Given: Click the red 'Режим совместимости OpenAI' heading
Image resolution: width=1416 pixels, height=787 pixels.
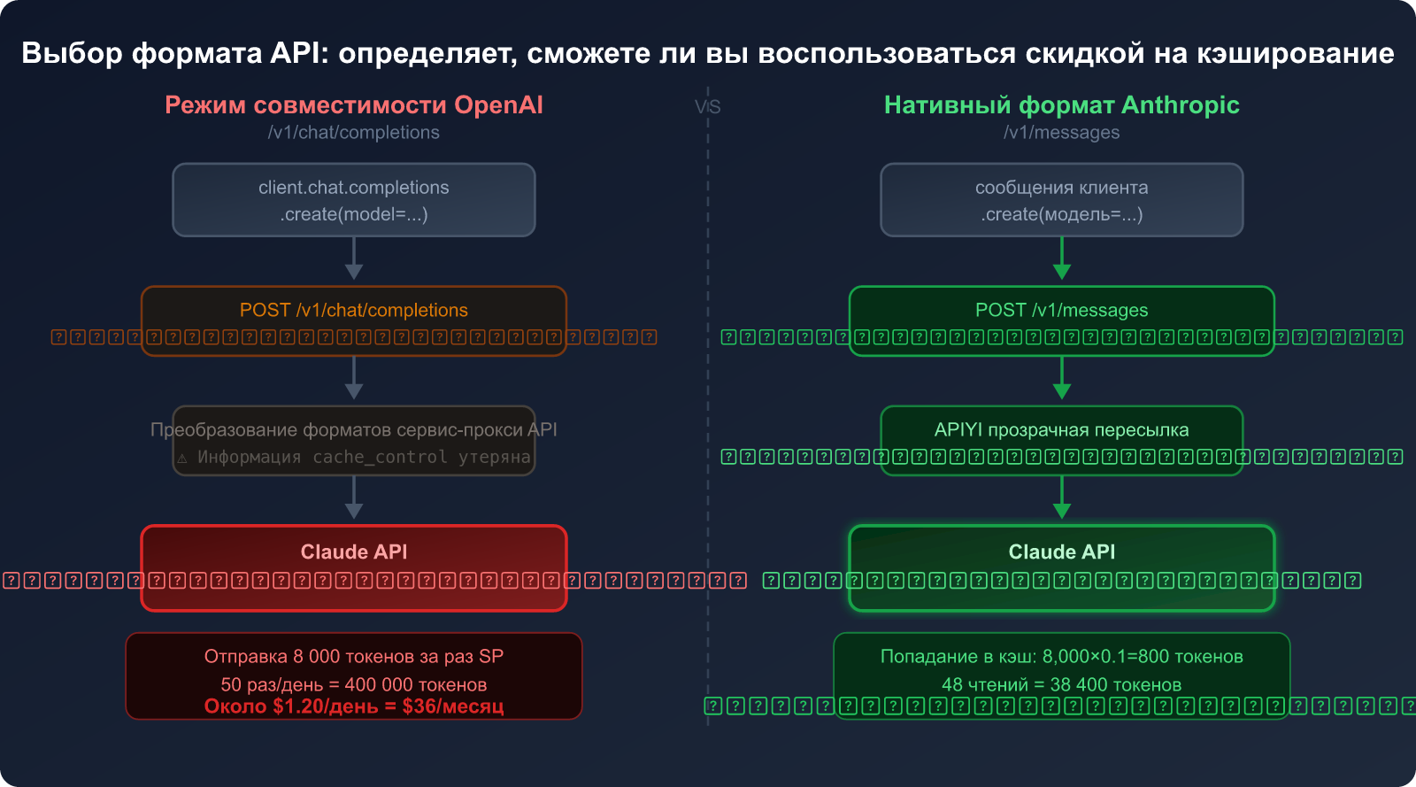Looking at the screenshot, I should [x=354, y=105].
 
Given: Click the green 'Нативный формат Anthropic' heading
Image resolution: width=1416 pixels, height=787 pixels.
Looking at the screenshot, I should [x=1061, y=105].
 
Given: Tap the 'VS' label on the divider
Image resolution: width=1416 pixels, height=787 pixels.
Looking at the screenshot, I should [x=707, y=107].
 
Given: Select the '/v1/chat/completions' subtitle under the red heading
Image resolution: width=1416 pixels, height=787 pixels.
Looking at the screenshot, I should [x=354, y=133].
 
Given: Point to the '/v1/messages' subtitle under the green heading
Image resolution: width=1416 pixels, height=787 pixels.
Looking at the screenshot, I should [x=1061, y=133].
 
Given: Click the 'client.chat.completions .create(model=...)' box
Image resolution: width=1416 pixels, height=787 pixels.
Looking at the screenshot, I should [x=354, y=200].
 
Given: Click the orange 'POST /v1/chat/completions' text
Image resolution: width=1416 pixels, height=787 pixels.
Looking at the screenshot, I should [x=354, y=311].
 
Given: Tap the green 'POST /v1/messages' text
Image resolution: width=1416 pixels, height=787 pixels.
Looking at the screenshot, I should [x=1061, y=311].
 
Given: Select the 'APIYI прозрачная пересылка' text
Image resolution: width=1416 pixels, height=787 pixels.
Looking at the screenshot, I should [x=1061, y=430].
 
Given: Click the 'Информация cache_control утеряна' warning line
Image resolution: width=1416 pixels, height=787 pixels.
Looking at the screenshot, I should [x=363, y=458].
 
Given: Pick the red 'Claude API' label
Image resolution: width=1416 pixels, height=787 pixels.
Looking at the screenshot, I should [x=354, y=552].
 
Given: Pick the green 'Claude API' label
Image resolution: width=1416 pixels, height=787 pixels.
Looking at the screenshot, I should [x=1061, y=552].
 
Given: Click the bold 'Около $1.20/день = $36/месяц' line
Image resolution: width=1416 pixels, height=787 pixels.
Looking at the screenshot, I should [x=354, y=706].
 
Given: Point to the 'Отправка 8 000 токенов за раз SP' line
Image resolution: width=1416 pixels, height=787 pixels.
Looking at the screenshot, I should [x=354, y=657].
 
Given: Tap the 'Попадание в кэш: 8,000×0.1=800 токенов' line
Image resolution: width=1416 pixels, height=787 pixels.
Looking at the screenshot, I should [x=1061, y=657].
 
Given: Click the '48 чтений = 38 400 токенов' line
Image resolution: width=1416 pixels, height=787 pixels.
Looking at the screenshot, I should [x=1061, y=685].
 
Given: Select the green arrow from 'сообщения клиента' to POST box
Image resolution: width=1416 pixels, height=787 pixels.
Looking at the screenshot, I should [x=1062, y=260].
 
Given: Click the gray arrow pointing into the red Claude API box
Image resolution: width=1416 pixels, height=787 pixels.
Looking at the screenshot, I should [x=354, y=499].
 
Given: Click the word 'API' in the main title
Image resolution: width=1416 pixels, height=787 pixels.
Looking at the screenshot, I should [x=298, y=53].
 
